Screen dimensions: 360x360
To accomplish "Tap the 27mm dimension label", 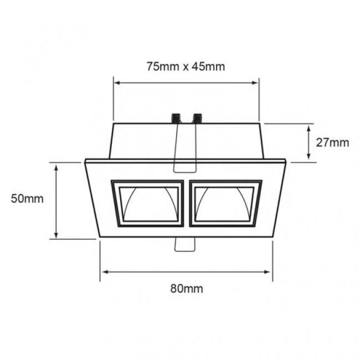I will [333, 142].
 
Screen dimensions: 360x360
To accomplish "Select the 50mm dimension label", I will [27, 199].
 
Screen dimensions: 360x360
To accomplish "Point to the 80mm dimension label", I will [187, 288].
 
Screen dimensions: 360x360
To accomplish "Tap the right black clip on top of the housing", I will [197, 117].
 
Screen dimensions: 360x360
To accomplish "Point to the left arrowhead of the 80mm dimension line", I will [102, 271].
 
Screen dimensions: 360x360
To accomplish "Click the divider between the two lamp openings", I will [186, 203].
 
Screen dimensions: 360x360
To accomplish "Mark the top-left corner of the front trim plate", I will [86, 161].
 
